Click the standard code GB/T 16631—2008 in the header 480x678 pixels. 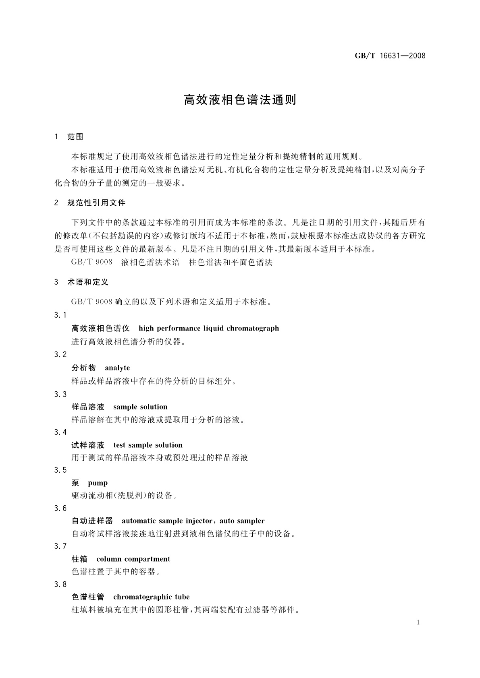click(390, 56)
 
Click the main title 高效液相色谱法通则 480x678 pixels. click(240, 100)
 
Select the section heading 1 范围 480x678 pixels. click(69, 137)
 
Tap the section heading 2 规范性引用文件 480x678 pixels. click(90, 203)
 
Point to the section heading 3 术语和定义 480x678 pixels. click(81, 282)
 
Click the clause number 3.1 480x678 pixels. click(60, 315)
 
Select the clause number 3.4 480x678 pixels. click(60, 432)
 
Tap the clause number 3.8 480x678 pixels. click(60, 584)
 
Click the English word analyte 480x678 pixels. click(117, 368)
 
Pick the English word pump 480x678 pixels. click(98, 483)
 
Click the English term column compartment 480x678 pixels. click(133, 559)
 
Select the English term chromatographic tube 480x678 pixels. click(152, 597)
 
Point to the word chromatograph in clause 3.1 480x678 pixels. click(253, 328)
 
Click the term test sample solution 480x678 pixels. click(148, 445)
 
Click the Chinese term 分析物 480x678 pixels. click(84, 368)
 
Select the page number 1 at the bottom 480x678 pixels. click(418, 622)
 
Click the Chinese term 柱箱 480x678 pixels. click(79, 559)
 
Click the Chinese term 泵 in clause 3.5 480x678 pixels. click(75, 483)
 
